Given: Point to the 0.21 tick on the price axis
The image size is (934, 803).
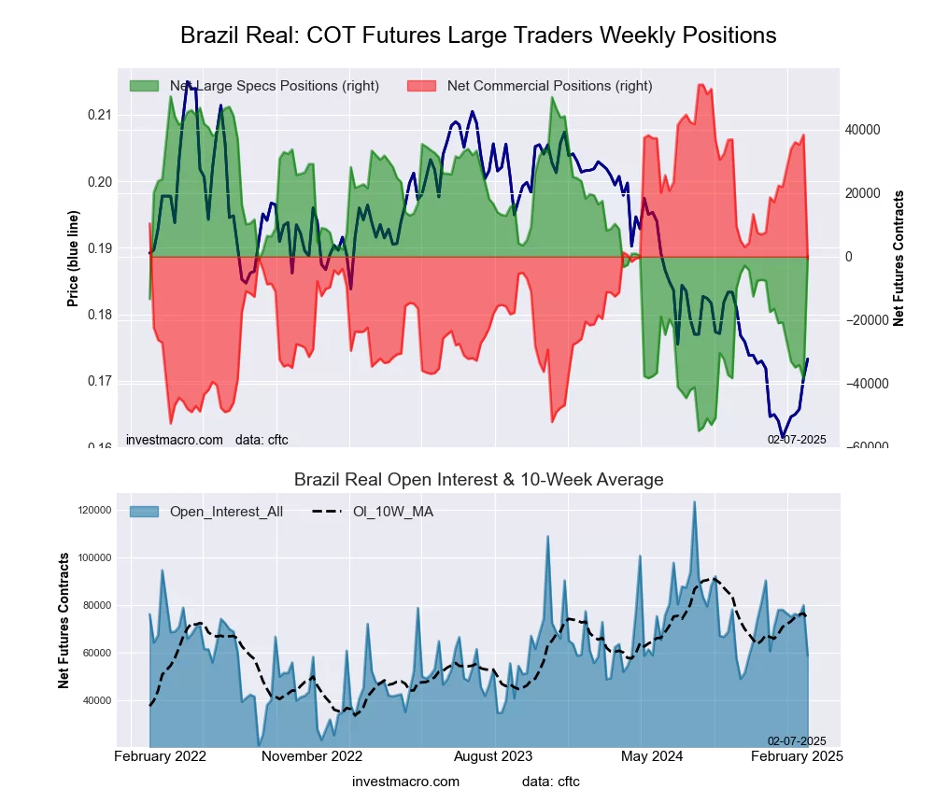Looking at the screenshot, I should pos(98,115).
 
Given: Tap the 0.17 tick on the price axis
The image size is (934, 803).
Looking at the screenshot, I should pos(98,381).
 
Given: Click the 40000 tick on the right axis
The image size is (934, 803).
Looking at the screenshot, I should pos(862,130).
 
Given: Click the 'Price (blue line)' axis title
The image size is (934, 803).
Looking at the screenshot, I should pos(72,259).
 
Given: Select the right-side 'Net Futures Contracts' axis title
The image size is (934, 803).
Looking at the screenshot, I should pos(899,259).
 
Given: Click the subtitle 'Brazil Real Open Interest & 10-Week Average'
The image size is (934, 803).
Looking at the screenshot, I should pos(478,480).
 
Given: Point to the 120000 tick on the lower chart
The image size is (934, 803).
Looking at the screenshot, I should pos(94,511).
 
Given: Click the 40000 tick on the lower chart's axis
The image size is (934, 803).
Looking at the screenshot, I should pos(97,700).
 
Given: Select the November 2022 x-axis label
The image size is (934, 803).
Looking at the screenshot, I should pos(311,755).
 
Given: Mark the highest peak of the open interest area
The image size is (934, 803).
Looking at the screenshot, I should pos(694,502).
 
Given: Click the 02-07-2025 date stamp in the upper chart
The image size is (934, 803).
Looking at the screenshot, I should pos(797,439).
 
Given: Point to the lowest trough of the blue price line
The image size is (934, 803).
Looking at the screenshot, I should pos(784,437).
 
